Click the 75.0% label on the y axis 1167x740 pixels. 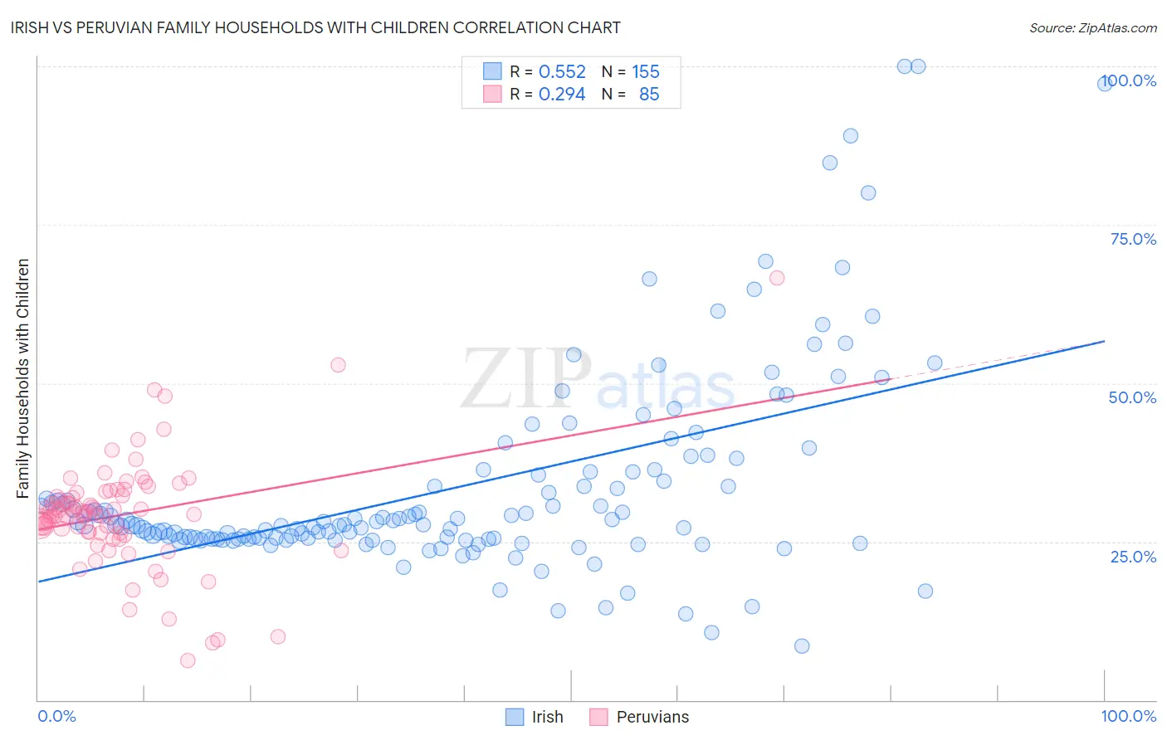coord(1133,239)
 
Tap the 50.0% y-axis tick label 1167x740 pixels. coord(1132,397)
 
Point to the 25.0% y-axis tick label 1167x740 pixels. coord(1133,556)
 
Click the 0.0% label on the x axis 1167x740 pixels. coord(56,716)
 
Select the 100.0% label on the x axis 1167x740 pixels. coord(1128,716)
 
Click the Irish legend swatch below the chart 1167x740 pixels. coord(515,717)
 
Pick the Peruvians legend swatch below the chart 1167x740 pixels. coord(598,717)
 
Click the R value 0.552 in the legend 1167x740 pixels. coord(562,72)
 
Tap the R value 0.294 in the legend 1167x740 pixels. coord(562,95)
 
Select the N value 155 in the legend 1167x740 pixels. coord(646,72)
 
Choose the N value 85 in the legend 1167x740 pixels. coord(649,95)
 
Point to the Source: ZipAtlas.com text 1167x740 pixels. coord(1092,27)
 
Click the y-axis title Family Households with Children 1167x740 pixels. coord(22,378)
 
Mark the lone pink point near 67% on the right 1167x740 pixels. coord(777,278)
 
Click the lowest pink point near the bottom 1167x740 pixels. coord(188,660)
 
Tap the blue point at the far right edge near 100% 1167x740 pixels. coord(1105,83)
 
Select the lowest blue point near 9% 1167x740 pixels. coord(802,645)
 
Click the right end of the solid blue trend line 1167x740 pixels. coord(1104,341)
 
